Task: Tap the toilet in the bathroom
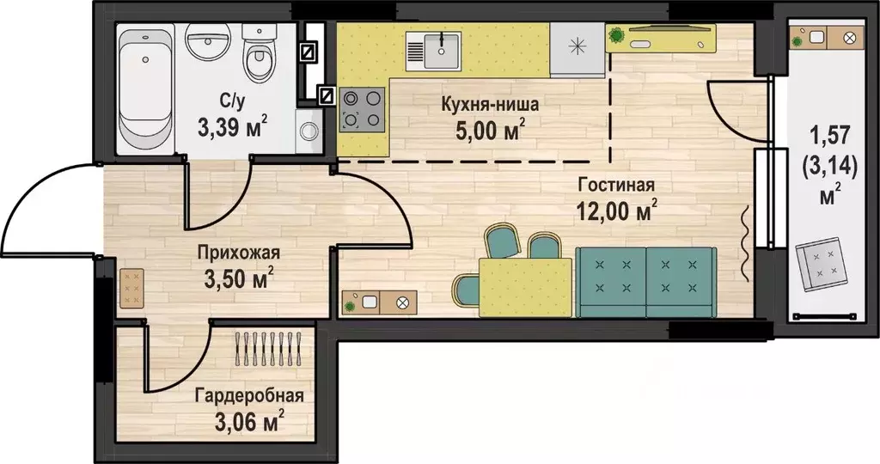(x=256, y=52)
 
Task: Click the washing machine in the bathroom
(x=309, y=131)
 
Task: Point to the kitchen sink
(x=435, y=49)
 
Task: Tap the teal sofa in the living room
(x=645, y=280)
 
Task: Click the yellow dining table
(x=525, y=287)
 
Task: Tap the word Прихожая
(x=238, y=253)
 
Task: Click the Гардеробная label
(x=248, y=396)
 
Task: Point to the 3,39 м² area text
(x=231, y=128)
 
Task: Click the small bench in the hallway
(x=132, y=289)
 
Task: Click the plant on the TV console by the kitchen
(x=617, y=35)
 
